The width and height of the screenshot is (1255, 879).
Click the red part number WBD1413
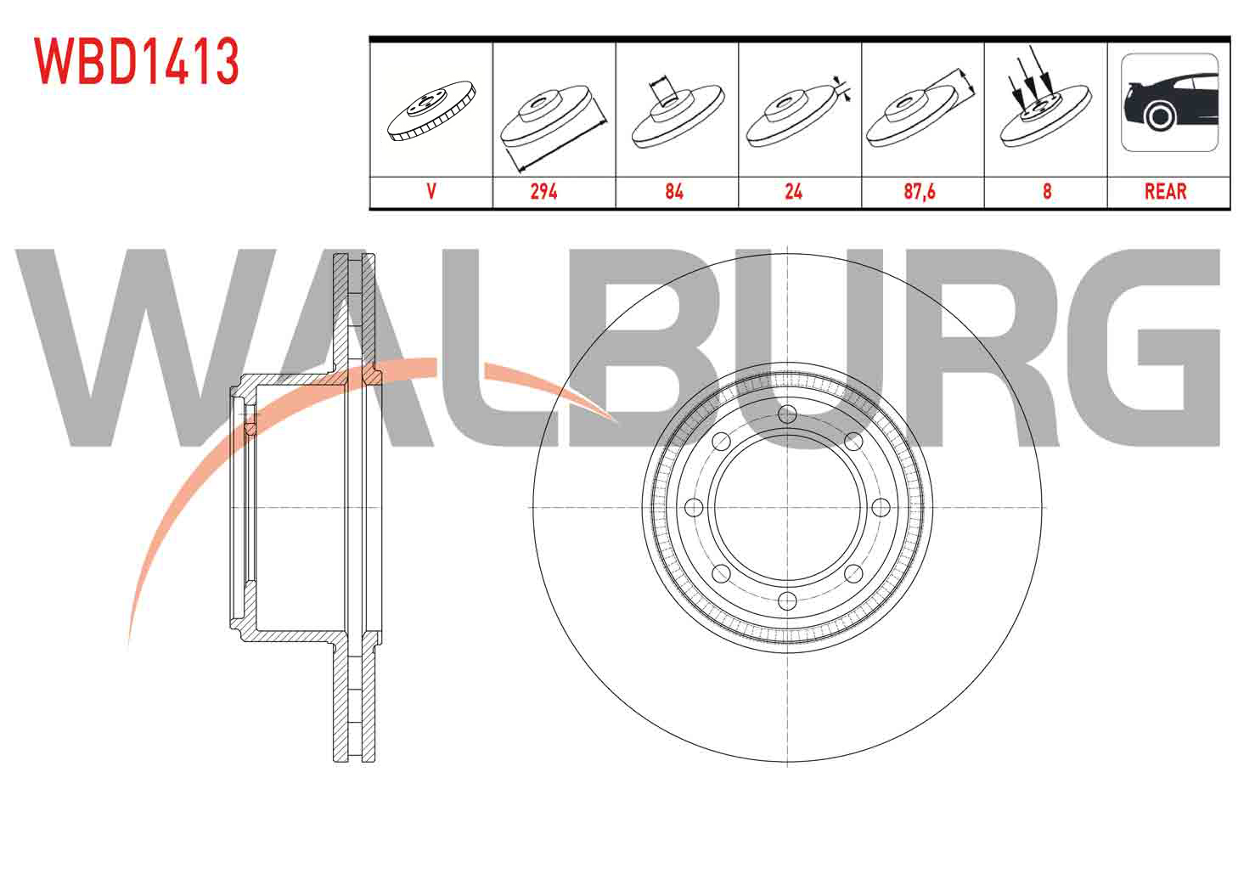[137, 61]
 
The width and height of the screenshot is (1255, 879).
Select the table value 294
[543, 192]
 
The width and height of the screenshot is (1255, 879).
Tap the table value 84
[674, 192]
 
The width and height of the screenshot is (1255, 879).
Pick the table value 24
[793, 192]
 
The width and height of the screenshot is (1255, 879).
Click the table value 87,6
[920, 192]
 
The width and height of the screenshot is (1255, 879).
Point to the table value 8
[1047, 192]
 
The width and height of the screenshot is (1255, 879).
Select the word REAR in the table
[1165, 192]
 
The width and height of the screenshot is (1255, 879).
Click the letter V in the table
[431, 192]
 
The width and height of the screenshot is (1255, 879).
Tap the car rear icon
[1169, 103]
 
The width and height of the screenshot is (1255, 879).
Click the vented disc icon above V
[431, 111]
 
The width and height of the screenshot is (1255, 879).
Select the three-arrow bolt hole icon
[1045, 97]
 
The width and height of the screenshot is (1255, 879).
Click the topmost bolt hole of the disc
[787, 414]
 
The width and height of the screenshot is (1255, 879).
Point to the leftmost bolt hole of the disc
[694, 508]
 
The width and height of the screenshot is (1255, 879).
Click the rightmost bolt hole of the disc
[881, 508]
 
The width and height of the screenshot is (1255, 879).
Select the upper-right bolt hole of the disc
[853, 442]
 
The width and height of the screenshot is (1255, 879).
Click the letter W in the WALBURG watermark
[146, 347]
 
